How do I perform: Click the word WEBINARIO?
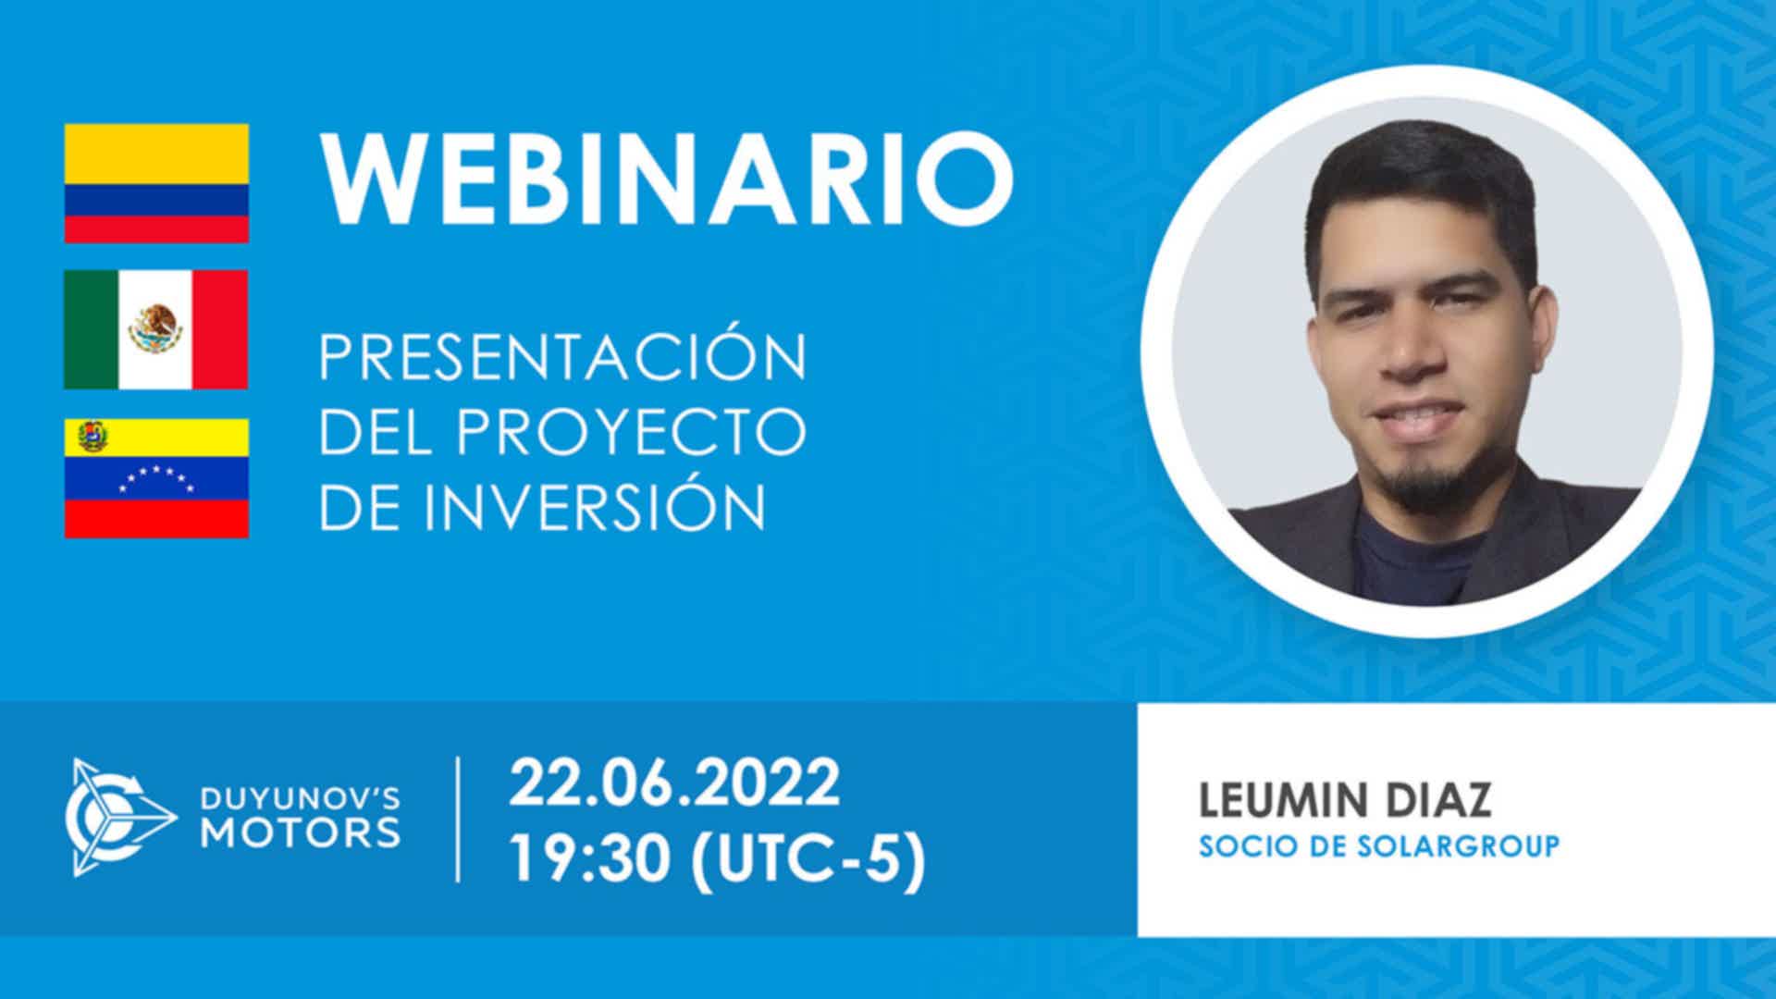[x=666, y=179]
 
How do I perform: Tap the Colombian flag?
[x=156, y=183]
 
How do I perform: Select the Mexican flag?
[x=156, y=330]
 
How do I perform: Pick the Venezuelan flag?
[x=156, y=477]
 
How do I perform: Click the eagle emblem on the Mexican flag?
[x=155, y=329]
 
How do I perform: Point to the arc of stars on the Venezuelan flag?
[x=158, y=479]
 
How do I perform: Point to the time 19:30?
[x=589, y=859]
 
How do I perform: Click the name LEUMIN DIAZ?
[x=1345, y=801]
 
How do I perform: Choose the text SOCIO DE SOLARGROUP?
[x=1378, y=846]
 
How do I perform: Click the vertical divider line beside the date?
[x=458, y=819]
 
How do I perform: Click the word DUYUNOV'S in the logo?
[x=301, y=797]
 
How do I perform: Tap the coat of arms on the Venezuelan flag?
[x=91, y=436]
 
